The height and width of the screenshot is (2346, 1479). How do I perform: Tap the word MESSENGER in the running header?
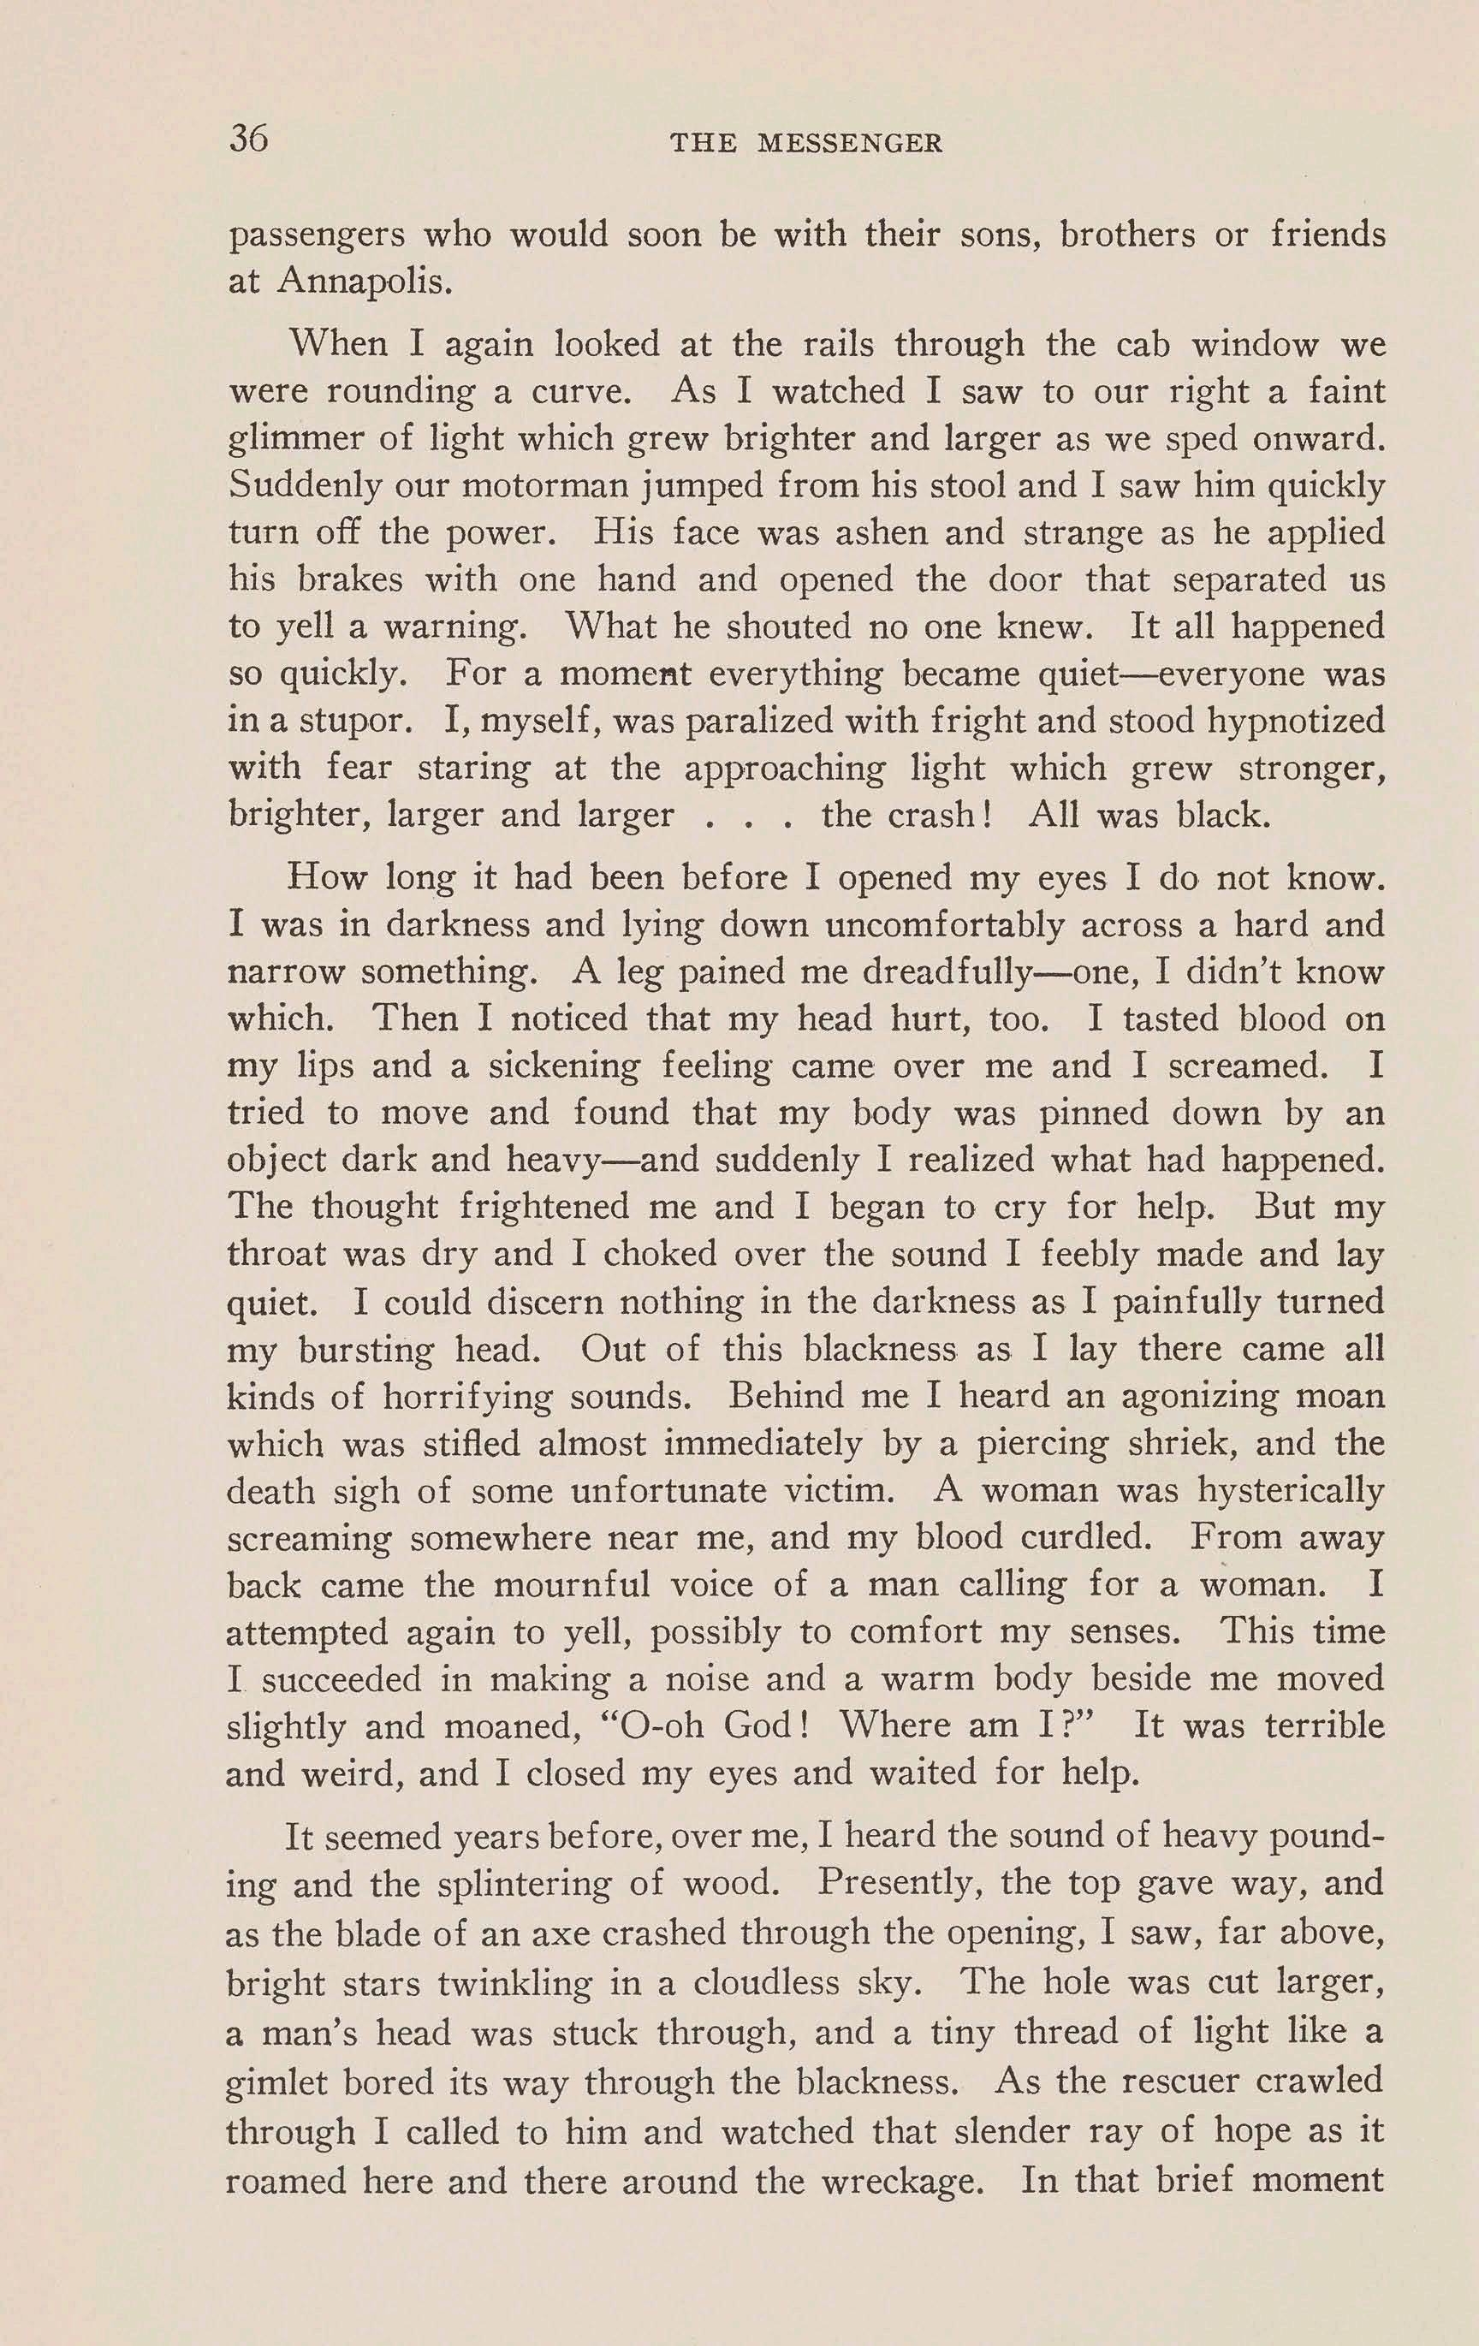tap(850, 144)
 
